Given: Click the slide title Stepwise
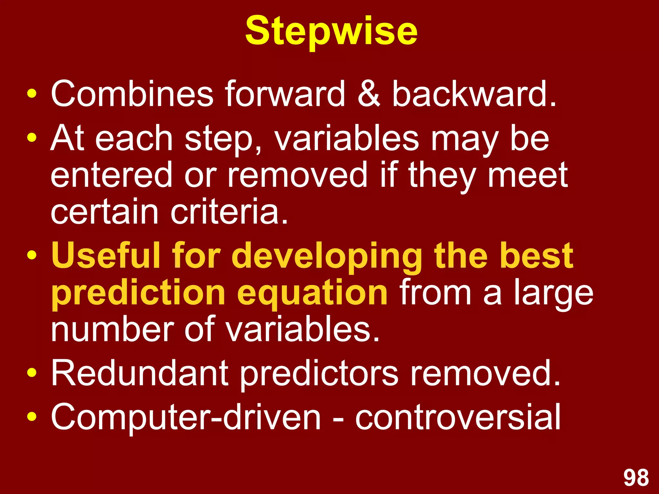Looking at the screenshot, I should (x=331, y=32).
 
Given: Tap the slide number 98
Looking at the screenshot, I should (x=636, y=478).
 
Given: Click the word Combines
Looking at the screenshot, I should (x=132, y=94).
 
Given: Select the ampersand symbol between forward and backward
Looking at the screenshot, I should (x=369, y=94).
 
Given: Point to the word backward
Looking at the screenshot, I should (x=474, y=94).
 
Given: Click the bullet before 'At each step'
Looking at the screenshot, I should (x=32, y=138).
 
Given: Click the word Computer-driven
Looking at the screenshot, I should (x=186, y=417).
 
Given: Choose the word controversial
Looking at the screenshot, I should (x=458, y=417).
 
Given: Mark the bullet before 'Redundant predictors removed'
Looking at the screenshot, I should (x=32, y=373).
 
